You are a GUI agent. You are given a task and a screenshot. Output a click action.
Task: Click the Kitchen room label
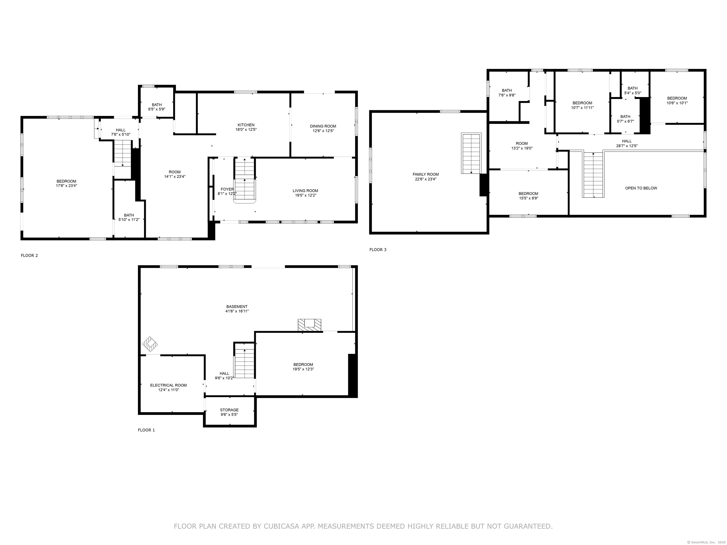pyautogui.click(x=246, y=125)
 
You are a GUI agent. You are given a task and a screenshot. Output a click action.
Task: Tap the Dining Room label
pyautogui.click(x=323, y=126)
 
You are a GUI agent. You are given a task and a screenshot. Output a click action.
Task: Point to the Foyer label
pyautogui.click(x=227, y=189)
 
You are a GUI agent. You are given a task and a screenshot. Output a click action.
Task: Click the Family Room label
pyautogui.click(x=426, y=174)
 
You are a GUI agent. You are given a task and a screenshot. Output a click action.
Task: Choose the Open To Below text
pyautogui.click(x=641, y=188)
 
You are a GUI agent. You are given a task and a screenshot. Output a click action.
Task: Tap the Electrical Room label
pyautogui.click(x=168, y=385)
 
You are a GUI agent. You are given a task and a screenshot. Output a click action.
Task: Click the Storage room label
pyautogui.click(x=229, y=410)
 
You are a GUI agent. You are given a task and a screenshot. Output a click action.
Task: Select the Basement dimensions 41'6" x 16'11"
pyautogui.click(x=237, y=311)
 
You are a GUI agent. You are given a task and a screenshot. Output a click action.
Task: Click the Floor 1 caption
pyautogui.click(x=146, y=430)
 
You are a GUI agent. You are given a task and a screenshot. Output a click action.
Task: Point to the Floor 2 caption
pyautogui.click(x=29, y=255)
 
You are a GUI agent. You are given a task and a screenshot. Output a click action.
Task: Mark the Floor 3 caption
pyautogui.click(x=378, y=250)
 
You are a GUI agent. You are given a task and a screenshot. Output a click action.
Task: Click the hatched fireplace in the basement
pyautogui.click(x=309, y=325)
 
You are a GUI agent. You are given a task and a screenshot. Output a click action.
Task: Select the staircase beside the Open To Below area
pyautogui.click(x=593, y=175)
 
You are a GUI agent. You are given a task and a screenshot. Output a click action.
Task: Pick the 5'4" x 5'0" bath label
pyautogui.click(x=632, y=91)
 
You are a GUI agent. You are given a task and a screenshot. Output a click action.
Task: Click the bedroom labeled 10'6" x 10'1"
pyautogui.click(x=677, y=101)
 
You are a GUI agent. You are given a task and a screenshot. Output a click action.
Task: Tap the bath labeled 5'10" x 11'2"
pyautogui.click(x=129, y=217)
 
